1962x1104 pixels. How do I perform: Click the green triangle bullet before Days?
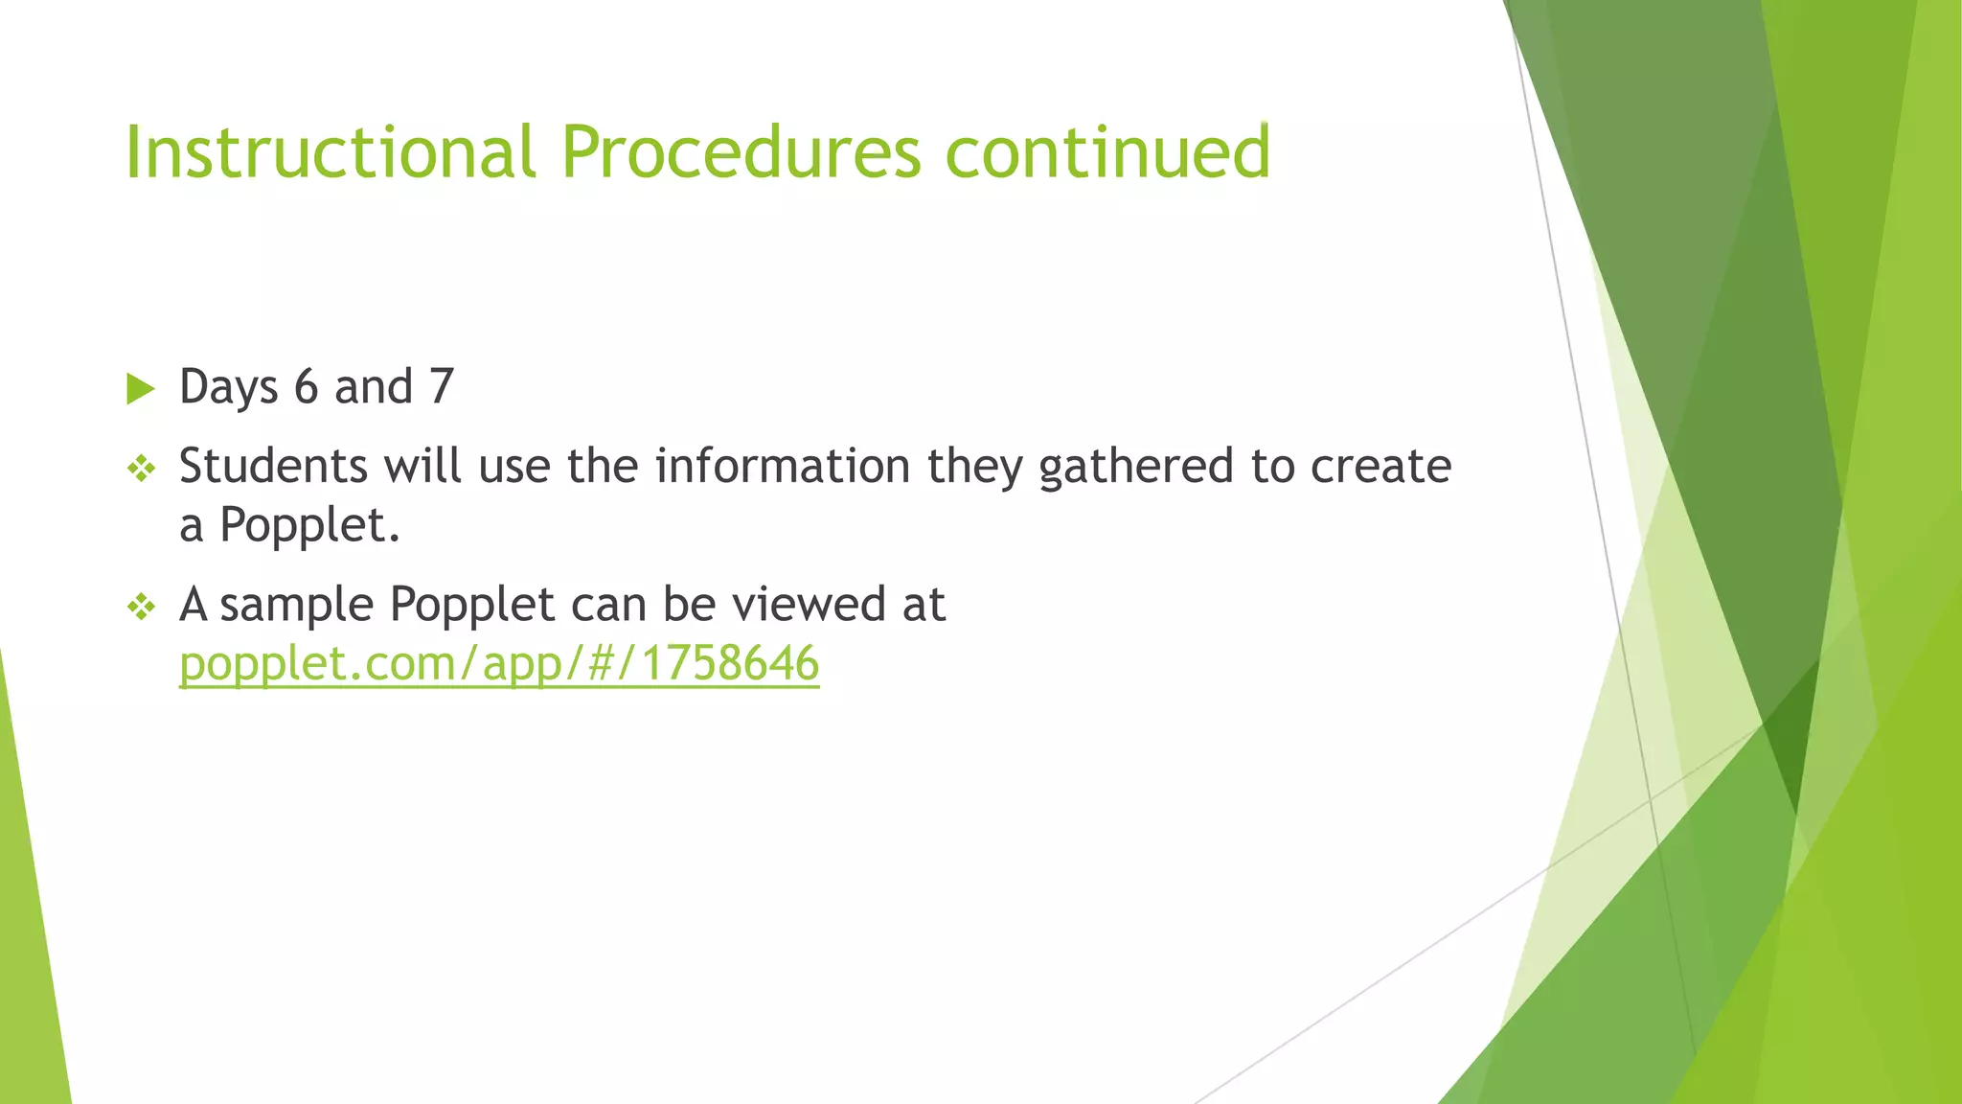[x=140, y=389]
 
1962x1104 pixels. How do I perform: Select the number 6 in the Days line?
[x=306, y=387]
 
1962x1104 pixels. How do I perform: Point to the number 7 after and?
[x=442, y=387]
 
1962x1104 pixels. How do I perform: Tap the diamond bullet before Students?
[x=141, y=469]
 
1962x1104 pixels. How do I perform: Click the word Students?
[x=273, y=467]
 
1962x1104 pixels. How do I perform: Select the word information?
[x=783, y=467]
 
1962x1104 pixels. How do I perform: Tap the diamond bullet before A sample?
[x=141, y=607]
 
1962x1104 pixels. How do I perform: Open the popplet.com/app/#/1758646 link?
[x=498, y=664]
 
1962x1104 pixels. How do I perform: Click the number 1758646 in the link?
[x=730, y=663]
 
